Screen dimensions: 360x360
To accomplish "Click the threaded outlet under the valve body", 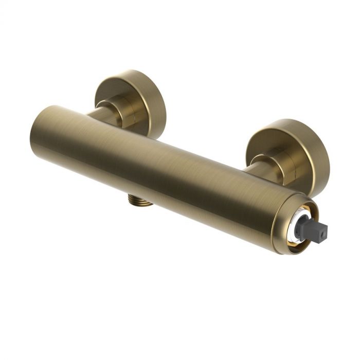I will click(x=139, y=201).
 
